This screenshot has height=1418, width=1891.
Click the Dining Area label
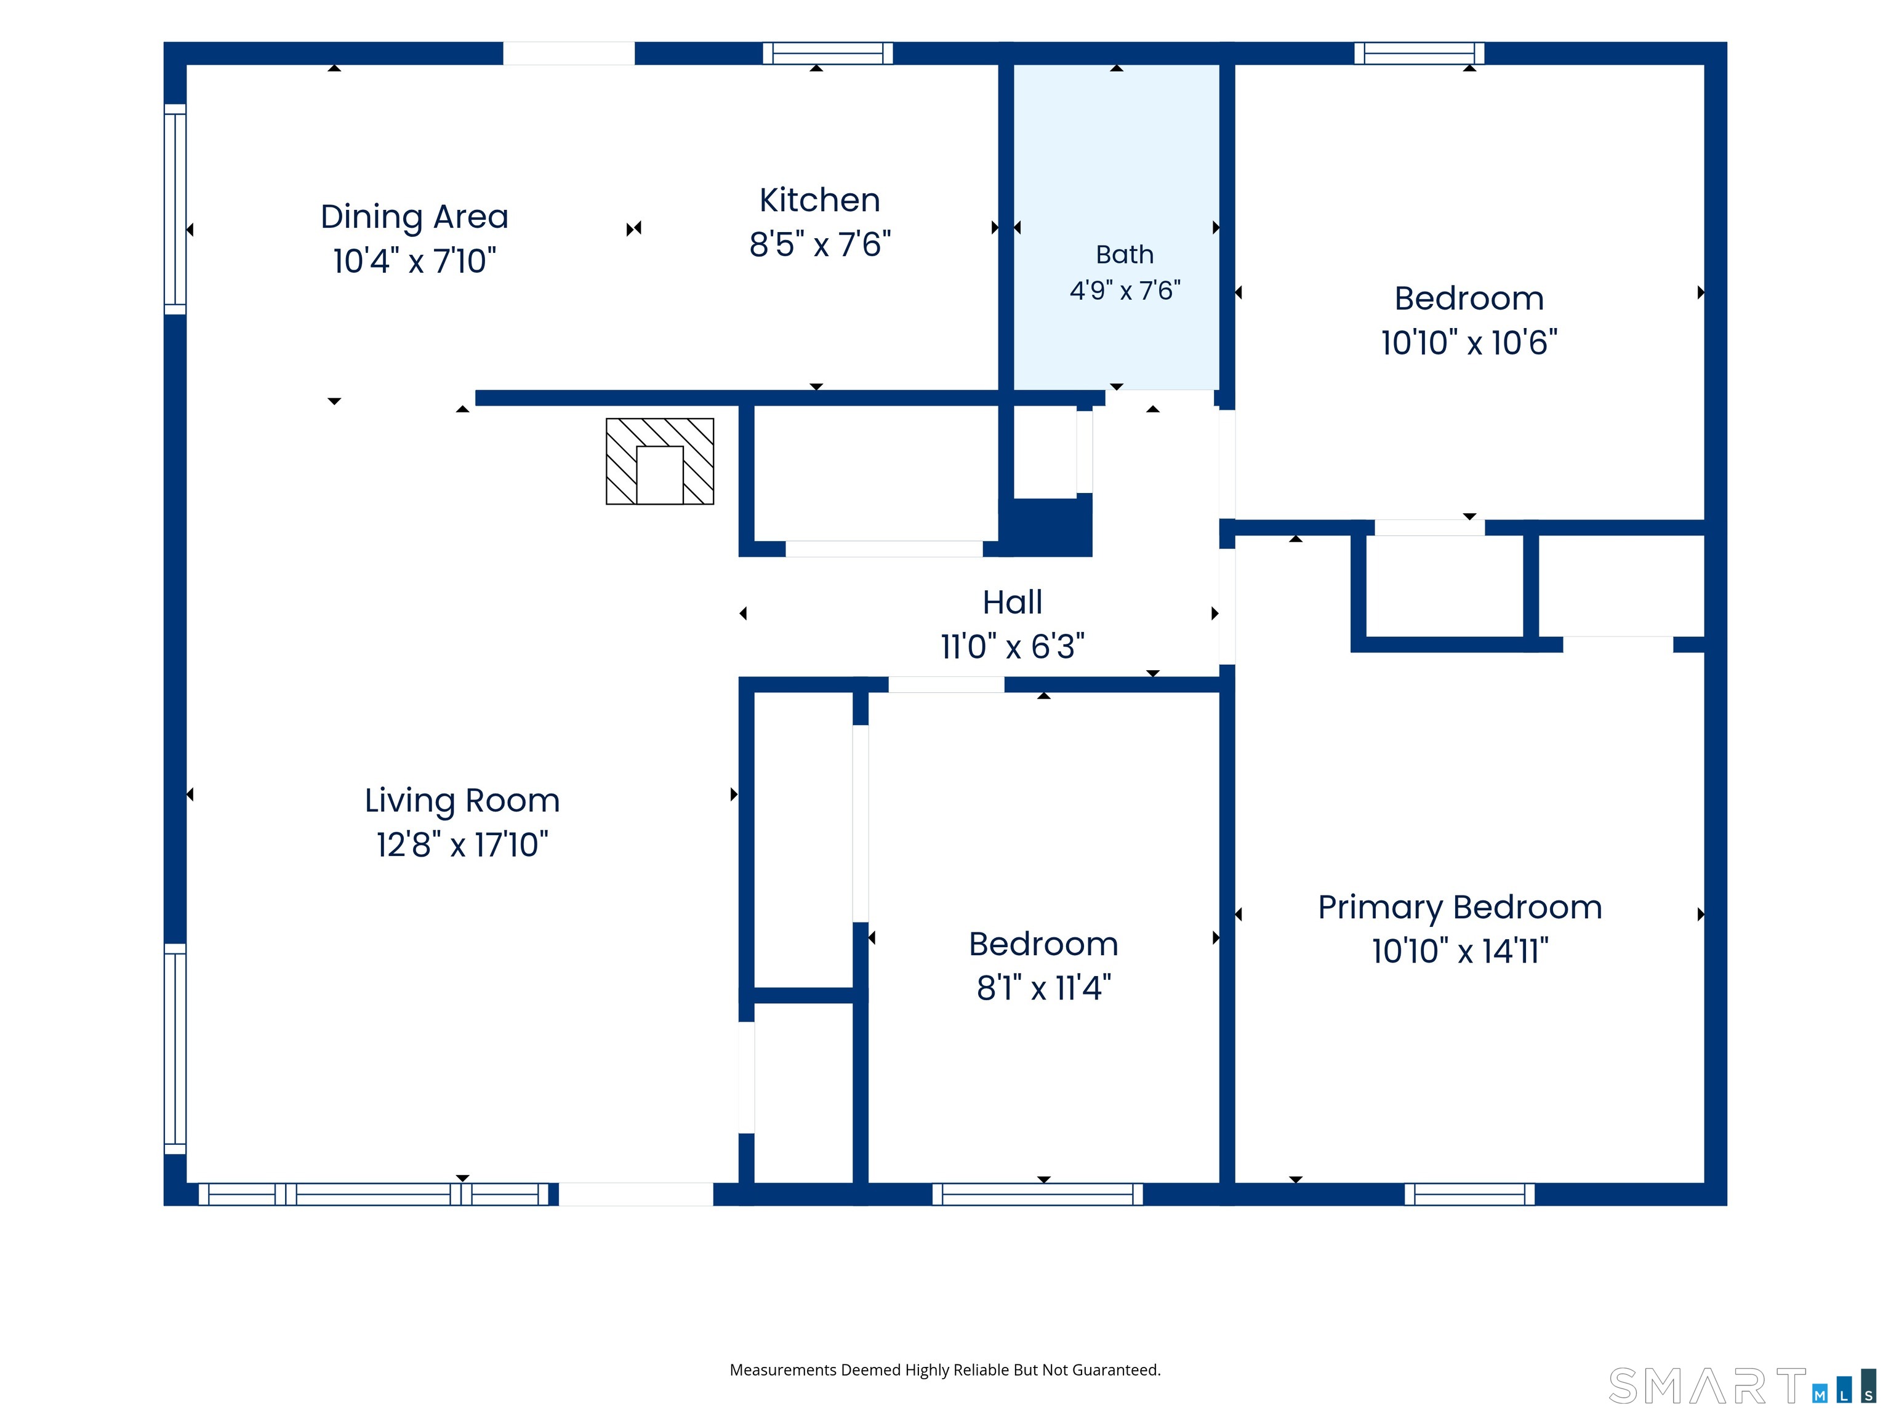pyautogui.click(x=415, y=217)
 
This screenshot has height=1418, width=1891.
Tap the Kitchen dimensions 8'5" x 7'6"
pyautogui.click(x=820, y=244)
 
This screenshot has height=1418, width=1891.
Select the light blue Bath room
pyautogui.click(x=1117, y=226)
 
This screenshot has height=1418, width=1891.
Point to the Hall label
pyautogui.click(x=1012, y=603)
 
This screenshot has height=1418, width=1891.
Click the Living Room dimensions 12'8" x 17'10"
pyautogui.click(x=462, y=844)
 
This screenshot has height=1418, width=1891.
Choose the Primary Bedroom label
pyautogui.click(x=1460, y=908)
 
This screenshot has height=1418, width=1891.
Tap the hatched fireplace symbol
pyautogui.click(x=660, y=462)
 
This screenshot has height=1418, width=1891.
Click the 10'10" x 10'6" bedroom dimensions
pyautogui.click(x=1469, y=343)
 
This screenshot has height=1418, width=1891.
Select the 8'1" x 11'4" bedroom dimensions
pyautogui.click(x=1044, y=988)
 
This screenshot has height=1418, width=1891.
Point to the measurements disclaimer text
pyautogui.click(x=945, y=1370)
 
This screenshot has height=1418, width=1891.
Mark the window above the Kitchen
pyautogui.click(x=827, y=53)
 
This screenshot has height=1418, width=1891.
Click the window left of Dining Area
pyautogui.click(x=175, y=209)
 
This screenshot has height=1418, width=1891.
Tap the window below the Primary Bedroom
pyautogui.click(x=1469, y=1194)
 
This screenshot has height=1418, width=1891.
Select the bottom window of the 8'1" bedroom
pyautogui.click(x=1037, y=1194)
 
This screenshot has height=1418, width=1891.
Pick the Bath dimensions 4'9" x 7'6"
pyautogui.click(x=1125, y=290)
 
